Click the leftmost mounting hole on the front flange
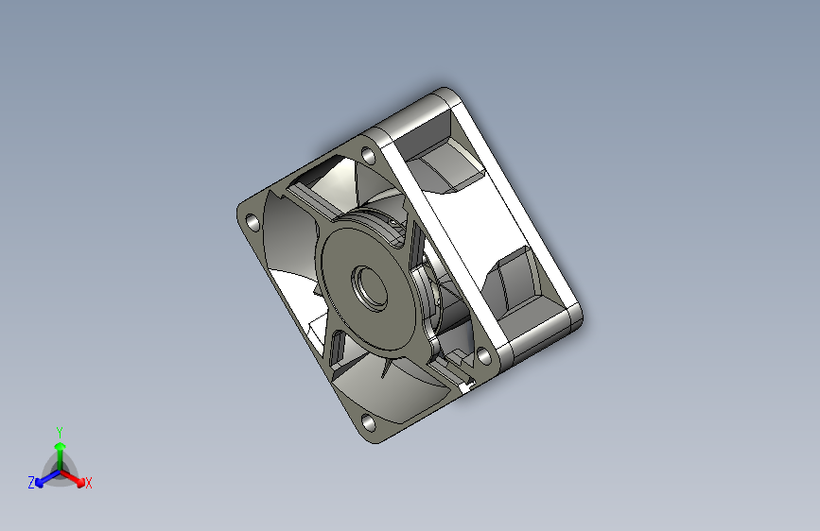(253, 223)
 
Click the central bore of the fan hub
(368, 286)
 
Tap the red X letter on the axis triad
(88, 484)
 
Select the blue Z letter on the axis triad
(31, 483)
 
